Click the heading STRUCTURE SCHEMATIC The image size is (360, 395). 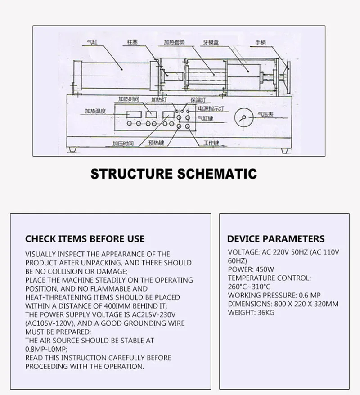[x=174, y=173]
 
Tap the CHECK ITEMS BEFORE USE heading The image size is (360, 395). [x=85, y=239]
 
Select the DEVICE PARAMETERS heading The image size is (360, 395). [x=275, y=239]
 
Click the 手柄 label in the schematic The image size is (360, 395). [x=261, y=43]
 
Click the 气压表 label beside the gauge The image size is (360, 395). [x=265, y=115]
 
